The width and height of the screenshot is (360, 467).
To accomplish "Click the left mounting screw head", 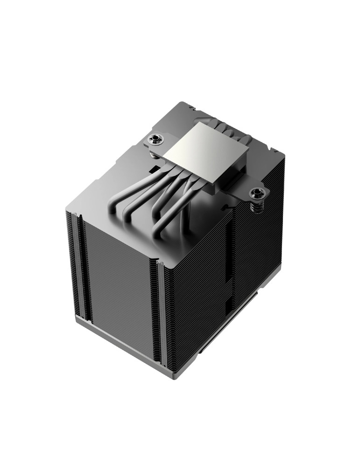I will pyautogui.click(x=153, y=139).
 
